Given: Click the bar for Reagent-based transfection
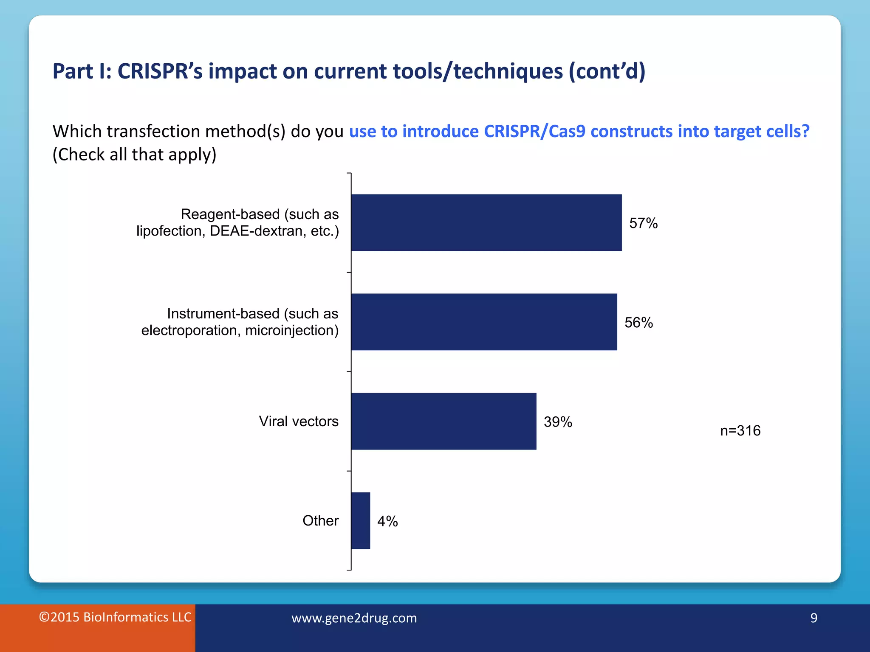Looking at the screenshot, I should click(x=486, y=222).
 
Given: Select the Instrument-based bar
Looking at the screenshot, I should click(x=484, y=322).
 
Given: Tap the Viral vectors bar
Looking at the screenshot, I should click(x=443, y=421).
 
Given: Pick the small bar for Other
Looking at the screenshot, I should click(x=361, y=520).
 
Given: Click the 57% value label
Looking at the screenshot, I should click(x=643, y=223).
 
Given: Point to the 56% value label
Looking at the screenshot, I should click(x=638, y=323).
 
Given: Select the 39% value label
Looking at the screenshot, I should click(x=558, y=422).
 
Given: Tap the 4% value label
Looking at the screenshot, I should click(x=387, y=521).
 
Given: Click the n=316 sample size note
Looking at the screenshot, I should click(x=740, y=430).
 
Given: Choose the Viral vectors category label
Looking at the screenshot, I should click(x=299, y=421).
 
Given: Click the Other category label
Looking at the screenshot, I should click(x=320, y=520).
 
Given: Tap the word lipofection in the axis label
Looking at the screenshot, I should click(x=169, y=231).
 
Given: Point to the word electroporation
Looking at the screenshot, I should click(x=191, y=330).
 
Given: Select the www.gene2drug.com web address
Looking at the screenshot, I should click(x=354, y=618).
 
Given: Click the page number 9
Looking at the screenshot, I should click(x=814, y=618).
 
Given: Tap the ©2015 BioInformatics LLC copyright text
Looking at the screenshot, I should click(x=115, y=617).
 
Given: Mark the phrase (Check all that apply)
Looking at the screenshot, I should click(x=134, y=155).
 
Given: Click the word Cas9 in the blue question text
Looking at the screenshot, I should click(x=567, y=131).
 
